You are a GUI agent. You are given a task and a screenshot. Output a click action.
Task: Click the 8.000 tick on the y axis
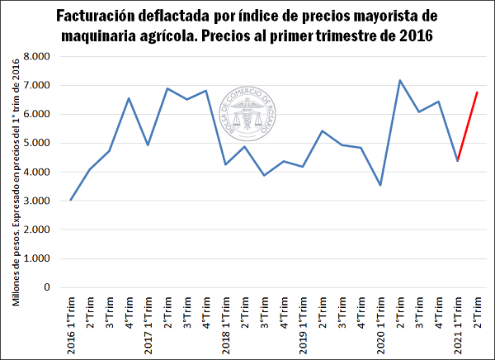(38, 56)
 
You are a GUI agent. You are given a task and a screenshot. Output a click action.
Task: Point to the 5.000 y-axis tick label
(38, 143)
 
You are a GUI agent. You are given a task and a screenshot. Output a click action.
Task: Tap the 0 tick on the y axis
(48, 287)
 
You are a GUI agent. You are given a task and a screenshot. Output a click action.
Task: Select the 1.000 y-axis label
(38, 258)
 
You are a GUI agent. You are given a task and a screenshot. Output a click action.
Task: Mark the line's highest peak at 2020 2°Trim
(400, 80)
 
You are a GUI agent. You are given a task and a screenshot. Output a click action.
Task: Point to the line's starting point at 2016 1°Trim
(71, 200)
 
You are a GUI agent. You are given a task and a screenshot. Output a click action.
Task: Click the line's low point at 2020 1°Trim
(380, 185)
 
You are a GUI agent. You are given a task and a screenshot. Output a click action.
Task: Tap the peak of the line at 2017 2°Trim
(167, 88)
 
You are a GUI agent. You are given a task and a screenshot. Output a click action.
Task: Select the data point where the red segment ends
(477, 92)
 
